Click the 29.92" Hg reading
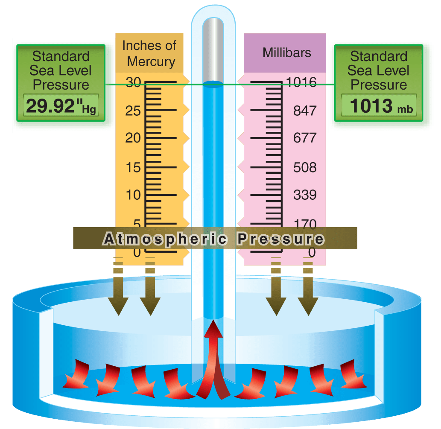tap(60, 107)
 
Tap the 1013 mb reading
tap(378, 107)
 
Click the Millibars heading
tap(286, 53)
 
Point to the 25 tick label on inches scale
tap(133, 111)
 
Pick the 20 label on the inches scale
tap(132, 138)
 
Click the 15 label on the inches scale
tap(132, 167)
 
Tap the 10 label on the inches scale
tap(132, 195)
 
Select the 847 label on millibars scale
tap(305, 111)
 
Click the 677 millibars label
tap(305, 138)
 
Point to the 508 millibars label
tap(305, 167)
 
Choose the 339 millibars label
tap(305, 195)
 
